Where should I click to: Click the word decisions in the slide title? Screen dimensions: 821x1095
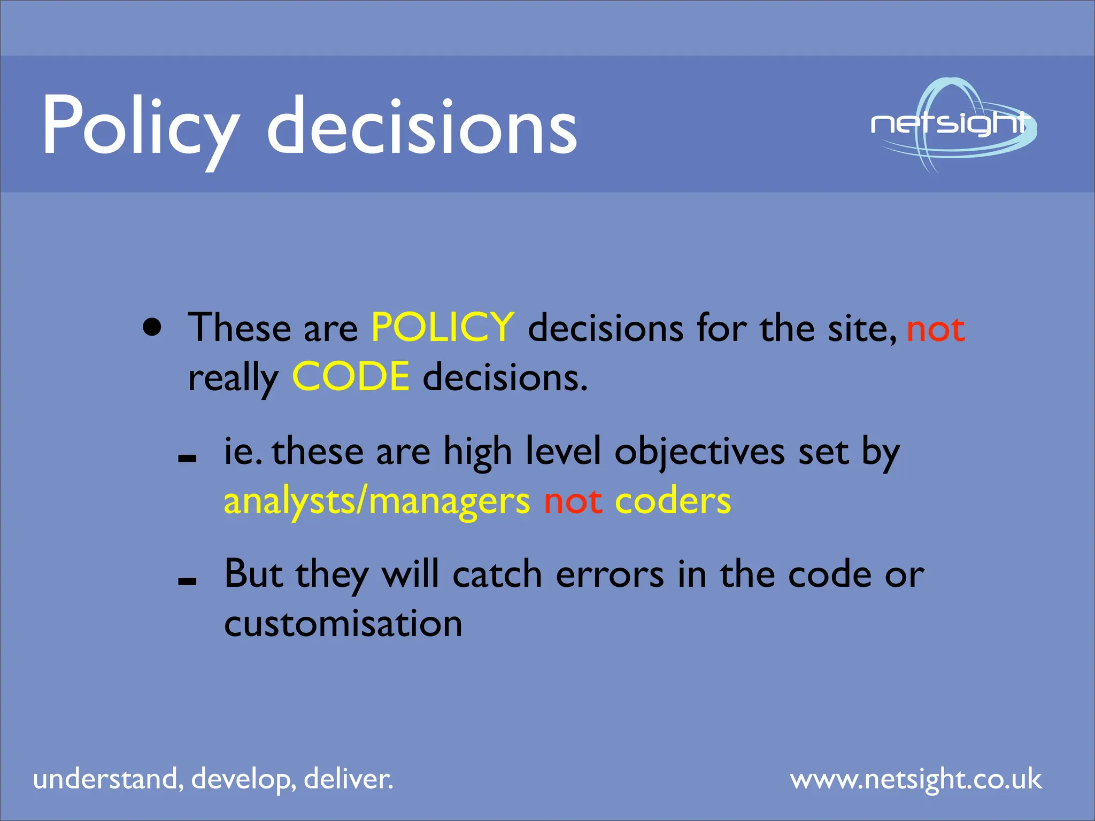[422, 126]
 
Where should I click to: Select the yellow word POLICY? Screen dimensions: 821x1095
[443, 327]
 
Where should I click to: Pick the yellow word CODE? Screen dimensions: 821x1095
[351, 376]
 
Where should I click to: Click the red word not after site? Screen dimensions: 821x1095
[936, 328]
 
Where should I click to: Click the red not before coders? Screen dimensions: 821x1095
[573, 501]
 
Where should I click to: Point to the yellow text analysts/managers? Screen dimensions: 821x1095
[376, 501]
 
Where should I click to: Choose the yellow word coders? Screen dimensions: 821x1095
[673, 501]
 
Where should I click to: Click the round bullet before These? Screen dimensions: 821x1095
[152, 327]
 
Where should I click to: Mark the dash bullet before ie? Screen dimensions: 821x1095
[187, 458]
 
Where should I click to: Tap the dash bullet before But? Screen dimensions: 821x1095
[187, 581]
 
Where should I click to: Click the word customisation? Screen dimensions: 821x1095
[343, 623]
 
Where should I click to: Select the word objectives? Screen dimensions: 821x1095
[699, 452]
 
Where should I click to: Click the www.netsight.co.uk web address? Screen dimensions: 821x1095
[916, 779]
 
